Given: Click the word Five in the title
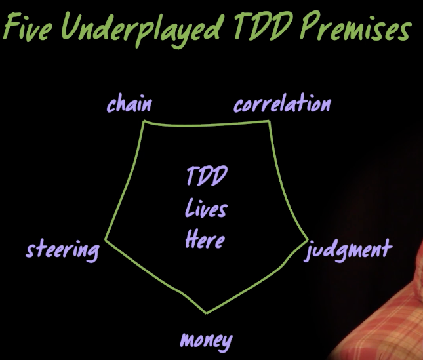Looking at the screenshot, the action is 28,28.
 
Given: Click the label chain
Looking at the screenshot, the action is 129,104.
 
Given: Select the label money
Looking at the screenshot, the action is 207,341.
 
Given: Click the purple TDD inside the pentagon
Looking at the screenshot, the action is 207,176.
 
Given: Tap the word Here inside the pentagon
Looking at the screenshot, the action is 205,239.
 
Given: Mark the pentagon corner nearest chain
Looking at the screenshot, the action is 144,121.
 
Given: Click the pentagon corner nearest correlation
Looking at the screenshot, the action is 269,121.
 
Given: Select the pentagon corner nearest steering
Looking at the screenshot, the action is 106,239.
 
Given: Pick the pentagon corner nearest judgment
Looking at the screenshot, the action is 308,239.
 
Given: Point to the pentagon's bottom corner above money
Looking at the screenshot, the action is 207,313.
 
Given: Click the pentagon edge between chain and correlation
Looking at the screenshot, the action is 207,125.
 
